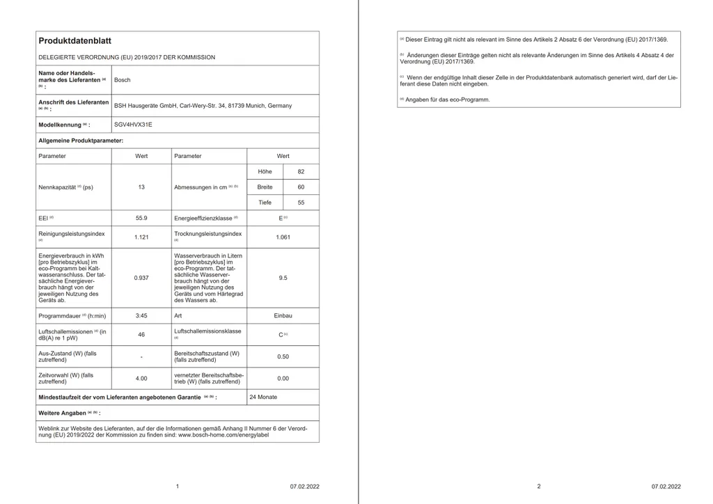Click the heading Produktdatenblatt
[x=75, y=41]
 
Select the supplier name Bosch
[x=122, y=80]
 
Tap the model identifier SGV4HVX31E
[x=132, y=125]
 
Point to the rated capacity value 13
[x=141, y=187]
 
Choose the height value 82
[x=301, y=171]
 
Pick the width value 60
[x=301, y=187]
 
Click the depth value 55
[x=301, y=203]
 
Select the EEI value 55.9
[x=141, y=218]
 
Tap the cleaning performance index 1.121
[x=141, y=237]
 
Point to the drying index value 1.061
[x=283, y=237]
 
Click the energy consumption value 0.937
[x=141, y=278]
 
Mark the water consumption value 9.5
[x=283, y=278]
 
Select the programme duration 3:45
[x=141, y=315]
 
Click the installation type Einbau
[x=283, y=315]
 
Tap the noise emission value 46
[x=141, y=335]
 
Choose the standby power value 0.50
[x=283, y=356]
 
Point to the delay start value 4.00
[x=141, y=379]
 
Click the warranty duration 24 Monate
[x=263, y=397]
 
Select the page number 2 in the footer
[x=538, y=487]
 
